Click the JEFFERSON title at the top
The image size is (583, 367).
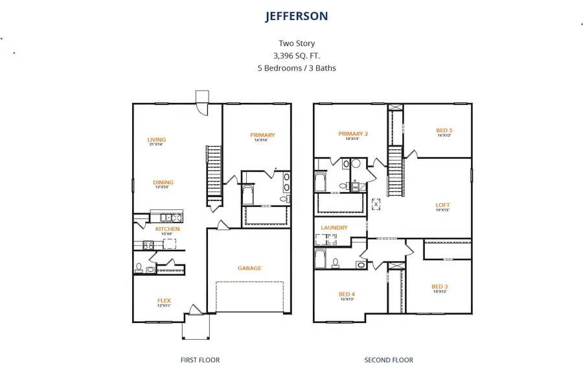pos(297,16)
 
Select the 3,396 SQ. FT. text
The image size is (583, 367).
pos(297,56)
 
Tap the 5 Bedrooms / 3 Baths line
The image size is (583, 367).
pos(297,67)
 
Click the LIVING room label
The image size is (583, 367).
pos(156,139)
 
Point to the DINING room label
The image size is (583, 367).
pos(163,182)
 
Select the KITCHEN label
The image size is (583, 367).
pos(167,229)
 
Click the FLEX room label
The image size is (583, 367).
pos(164,300)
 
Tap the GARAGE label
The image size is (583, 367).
pos(249,268)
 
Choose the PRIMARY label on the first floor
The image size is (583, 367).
pos(262,135)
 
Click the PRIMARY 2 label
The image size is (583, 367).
pos(353,134)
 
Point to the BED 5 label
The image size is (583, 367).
pos(444,130)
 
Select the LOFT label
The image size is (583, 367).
pos(442,205)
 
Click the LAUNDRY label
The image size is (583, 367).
pos(334,228)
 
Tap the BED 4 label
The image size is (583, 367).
pos(347,294)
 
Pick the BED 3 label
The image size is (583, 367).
pos(440,286)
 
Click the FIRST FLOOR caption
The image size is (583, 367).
pos(200,360)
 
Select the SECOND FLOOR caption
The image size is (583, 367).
pos(389,360)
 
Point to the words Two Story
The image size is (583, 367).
pos(297,43)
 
